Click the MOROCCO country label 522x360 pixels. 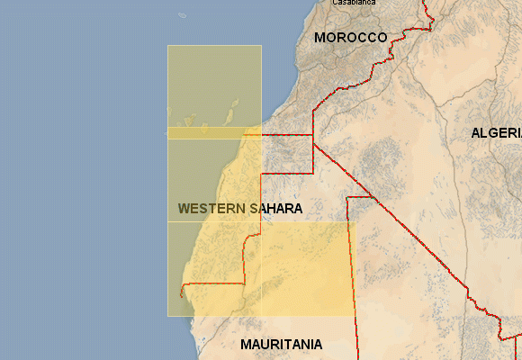pos(350,38)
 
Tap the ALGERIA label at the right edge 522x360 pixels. pos(496,133)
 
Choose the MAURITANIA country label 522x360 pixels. pos(281,344)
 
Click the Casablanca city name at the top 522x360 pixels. pos(353,3)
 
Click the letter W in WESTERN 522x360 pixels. pos(184,208)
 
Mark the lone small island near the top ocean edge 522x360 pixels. pos(182,14)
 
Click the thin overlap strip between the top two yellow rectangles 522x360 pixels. pos(214,133)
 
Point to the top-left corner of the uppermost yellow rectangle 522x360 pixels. pos(167,45)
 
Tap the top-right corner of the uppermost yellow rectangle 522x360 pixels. pos(261,45)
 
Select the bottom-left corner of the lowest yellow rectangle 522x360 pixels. pos(167,316)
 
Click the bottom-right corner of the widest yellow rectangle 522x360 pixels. pos(355,316)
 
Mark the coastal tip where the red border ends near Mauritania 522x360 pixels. pos(181,294)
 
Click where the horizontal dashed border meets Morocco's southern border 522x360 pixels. pos(313,136)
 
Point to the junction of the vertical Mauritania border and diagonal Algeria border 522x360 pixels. pos(347,198)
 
